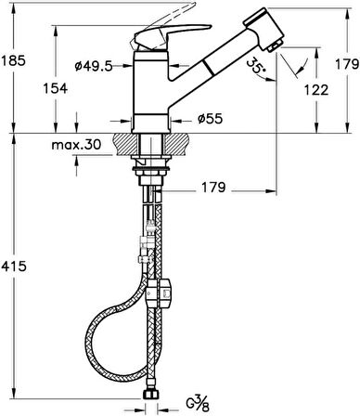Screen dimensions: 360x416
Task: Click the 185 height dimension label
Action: click(x=13, y=60)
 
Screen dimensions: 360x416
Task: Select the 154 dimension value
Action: click(x=55, y=88)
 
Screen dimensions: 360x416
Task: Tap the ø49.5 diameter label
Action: click(x=94, y=66)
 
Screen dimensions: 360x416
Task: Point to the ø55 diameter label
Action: click(x=210, y=118)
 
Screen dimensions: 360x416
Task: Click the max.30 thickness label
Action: click(x=76, y=144)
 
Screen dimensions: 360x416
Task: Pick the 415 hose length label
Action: click(x=14, y=266)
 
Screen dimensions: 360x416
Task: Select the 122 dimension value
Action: click(x=315, y=90)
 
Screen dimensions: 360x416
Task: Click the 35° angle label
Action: click(x=256, y=66)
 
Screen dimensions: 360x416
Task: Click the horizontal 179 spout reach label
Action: click(x=213, y=188)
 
